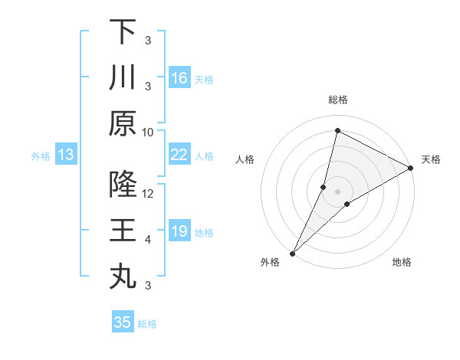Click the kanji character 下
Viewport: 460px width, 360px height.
point(123,31)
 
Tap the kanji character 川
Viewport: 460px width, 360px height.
point(123,77)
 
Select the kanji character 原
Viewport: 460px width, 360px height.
point(123,123)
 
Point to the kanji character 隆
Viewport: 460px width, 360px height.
point(123,185)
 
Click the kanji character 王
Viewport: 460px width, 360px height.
point(123,231)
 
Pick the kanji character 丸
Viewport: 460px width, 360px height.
point(123,277)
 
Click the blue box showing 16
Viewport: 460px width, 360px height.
point(179,78)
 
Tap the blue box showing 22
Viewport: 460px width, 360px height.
point(179,155)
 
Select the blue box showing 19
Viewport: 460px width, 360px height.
point(179,231)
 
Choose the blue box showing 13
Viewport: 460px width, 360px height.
point(66,155)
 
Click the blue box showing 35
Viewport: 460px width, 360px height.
point(123,322)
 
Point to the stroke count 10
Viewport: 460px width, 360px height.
point(148,132)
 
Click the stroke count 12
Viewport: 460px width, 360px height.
point(148,194)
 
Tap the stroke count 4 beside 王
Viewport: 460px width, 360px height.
point(148,240)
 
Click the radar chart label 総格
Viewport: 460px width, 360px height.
point(337,100)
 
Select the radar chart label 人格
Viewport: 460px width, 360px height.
point(245,159)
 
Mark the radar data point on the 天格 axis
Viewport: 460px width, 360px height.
point(411,169)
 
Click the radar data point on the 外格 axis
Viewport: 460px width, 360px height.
point(292,253)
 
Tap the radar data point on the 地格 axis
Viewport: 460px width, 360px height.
point(347,204)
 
